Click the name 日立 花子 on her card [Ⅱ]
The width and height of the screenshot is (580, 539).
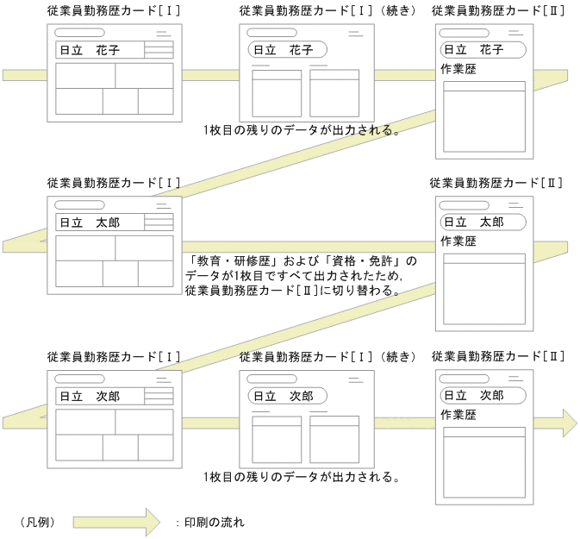pyautogui.click(x=483, y=50)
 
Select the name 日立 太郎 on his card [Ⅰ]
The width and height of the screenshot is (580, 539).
pyautogui.click(x=90, y=222)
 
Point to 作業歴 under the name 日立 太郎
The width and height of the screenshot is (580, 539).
pyautogui.click(x=458, y=241)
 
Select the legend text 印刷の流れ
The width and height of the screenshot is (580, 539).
pyautogui.click(x=215, y=522)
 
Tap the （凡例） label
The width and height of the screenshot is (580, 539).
pyautogui.click(x=37, y=522)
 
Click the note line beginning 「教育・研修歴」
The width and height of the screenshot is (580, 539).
pyautogui.click(x=300, y=260)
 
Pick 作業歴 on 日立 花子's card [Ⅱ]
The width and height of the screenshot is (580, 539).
pyautogui.click(x=458, y=69)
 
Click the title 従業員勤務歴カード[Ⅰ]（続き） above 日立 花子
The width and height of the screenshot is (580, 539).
pyautogui.click(x=327, y=10)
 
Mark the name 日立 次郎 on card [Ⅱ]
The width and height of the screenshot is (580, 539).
pyautogui.click(x=483, y=395)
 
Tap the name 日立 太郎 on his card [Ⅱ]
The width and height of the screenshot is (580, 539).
pyautogui.click(x=483, y=222)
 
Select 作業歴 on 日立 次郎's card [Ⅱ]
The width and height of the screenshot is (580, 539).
pyautogui.click(x=458, y=414)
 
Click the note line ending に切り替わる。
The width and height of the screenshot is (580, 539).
pyautogui.click(x=291, y=291)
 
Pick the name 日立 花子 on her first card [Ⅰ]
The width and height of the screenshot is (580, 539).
pyautogui.click(x=90, y=50)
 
